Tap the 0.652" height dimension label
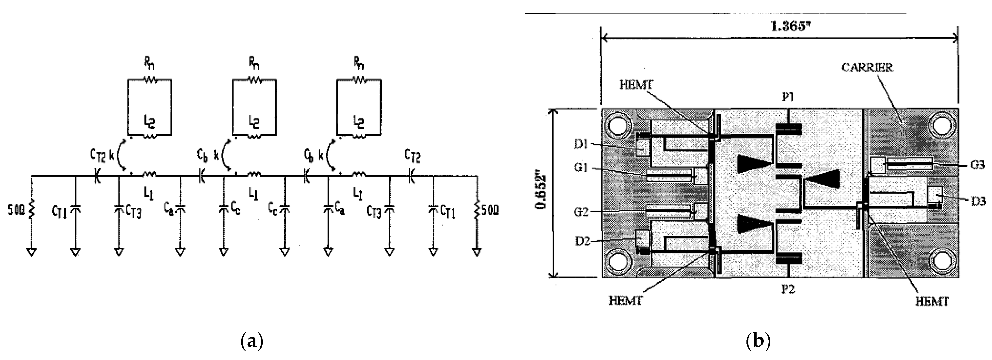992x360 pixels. click(x=542, y=193)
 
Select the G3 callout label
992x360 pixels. click(x=977, y=165)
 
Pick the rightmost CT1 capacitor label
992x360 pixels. click(x=447, y=211)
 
